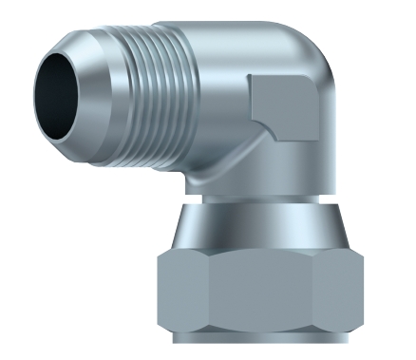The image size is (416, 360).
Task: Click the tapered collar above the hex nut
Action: tap(256, 228)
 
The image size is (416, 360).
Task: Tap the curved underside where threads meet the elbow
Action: tap(190, 171)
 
